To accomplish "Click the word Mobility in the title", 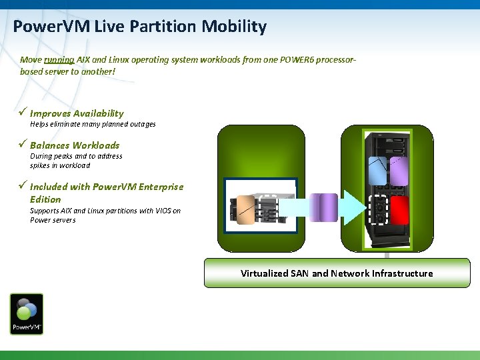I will (x=237, y=27).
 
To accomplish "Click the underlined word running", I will (x=59, y=59).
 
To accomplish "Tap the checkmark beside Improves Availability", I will (x=24, y=113).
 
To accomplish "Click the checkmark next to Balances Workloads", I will (x=24, y=145).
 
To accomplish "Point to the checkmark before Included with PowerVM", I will (x=24, y=186).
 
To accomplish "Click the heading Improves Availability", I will (x=77, y=113).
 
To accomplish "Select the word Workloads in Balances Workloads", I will (x=96, y=145).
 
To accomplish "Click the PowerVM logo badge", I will (x=27, y=314).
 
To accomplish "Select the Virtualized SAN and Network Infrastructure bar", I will (x=337, y=273).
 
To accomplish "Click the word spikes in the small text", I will (x=41, y=165).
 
